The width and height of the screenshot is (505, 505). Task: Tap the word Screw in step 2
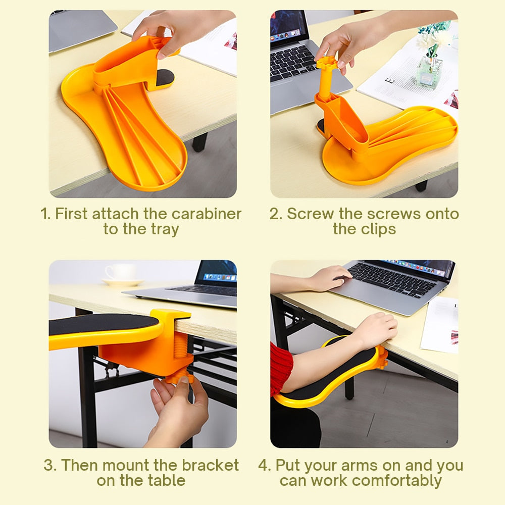311,214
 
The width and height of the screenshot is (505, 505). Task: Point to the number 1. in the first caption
45,214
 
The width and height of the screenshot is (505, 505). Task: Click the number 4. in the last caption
265,465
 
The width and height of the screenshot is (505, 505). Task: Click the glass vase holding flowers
430,71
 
